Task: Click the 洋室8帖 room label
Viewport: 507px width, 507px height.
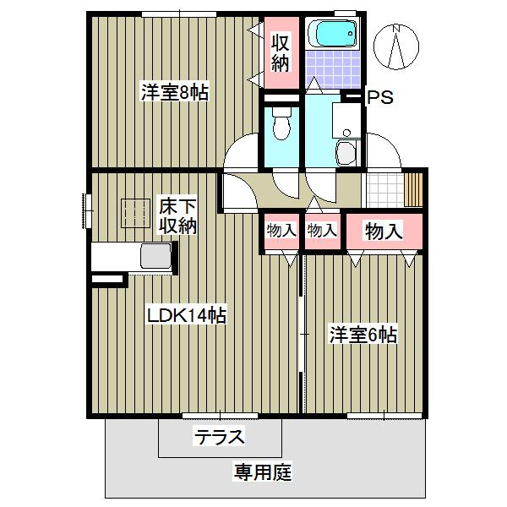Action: (174, 93)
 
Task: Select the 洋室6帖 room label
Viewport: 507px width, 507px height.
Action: (363, 335)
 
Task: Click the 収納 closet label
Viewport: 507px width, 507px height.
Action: (281, 52)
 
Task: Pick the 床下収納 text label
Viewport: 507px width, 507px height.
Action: (178, 216)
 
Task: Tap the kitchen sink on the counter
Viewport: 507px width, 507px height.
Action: (153, 256)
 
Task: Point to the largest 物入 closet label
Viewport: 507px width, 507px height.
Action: (383, 230)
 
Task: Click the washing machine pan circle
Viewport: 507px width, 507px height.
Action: (346, 154)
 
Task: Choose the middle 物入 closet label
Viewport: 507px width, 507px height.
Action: (321, 230)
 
